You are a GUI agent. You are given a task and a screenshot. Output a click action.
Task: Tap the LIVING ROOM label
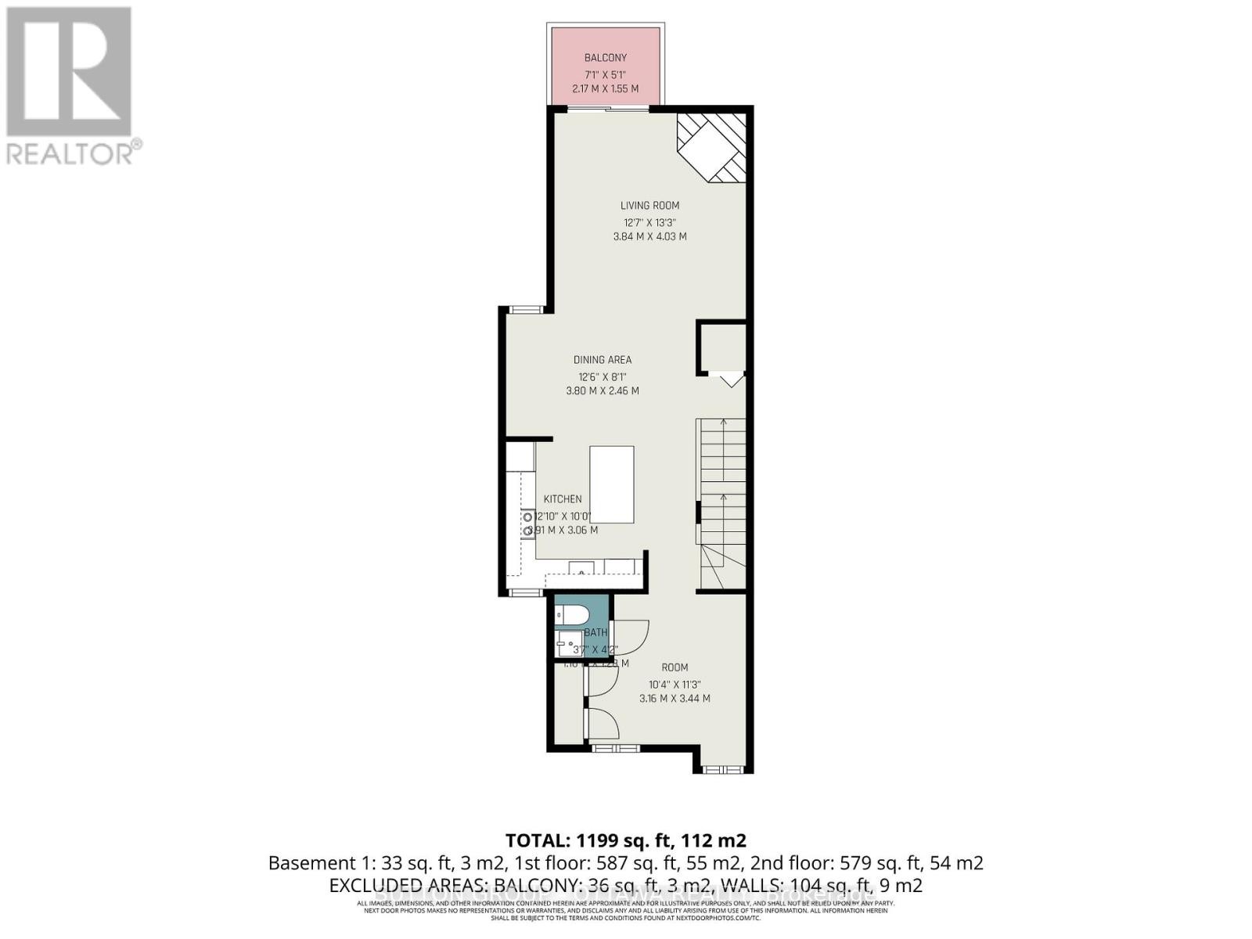click(649, 206)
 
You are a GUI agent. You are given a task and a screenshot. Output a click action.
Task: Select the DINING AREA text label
click(602, 360)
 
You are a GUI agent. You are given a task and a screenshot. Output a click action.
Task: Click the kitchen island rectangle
click(611, 484)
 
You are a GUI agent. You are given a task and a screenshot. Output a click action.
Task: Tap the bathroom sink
click(565, 645)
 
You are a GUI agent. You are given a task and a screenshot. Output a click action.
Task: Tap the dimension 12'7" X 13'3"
click(649, 221)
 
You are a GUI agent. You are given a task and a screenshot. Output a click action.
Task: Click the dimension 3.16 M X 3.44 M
click(675, 699)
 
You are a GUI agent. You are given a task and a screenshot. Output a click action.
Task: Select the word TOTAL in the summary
click(536, 841)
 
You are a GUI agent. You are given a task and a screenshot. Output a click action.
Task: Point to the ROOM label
click(675, 667)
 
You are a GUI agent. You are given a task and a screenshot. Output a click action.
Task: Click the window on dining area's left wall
click(525, 310)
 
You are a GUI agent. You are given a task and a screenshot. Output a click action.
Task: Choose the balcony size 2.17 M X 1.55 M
click(606, 89)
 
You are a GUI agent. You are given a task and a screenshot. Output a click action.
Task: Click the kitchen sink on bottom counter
click(581, 567)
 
